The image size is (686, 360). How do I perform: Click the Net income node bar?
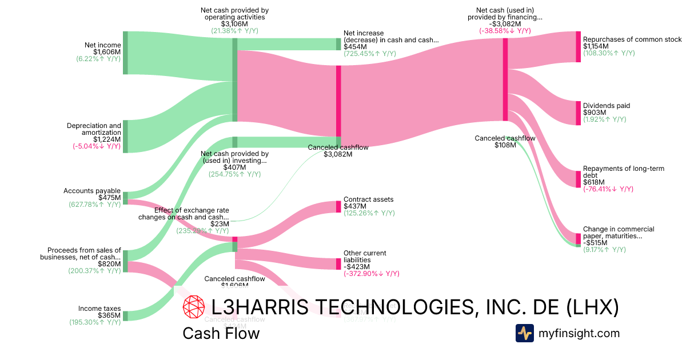(x=125, y=53)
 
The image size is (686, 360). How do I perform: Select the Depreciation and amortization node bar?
(x=125, y=137)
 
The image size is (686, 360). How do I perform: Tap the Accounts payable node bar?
(x=125, y=198)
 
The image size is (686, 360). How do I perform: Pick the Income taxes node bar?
(x=125, y=316)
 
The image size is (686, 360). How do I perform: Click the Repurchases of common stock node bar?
(x=578, y=47)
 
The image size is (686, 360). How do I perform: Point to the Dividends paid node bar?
(x=578, y=113)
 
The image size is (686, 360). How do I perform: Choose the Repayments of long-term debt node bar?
(x=578, y=179)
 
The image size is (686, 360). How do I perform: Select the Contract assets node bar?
(x=338, y=206)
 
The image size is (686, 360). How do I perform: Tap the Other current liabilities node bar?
(x=338, y=263)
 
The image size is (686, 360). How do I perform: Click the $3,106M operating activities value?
(x=234, y=24)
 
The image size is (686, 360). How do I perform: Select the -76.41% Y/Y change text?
(x=608, y=189)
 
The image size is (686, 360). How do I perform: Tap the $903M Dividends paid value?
(x=593, y=113)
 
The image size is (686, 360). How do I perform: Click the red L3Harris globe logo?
(x=193, y=307)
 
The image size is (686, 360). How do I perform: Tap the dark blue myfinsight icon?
(x=524, y=333)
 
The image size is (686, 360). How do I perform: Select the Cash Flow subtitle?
(x=221, y=333)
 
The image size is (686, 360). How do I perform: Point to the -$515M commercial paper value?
(x=595, y=243)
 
